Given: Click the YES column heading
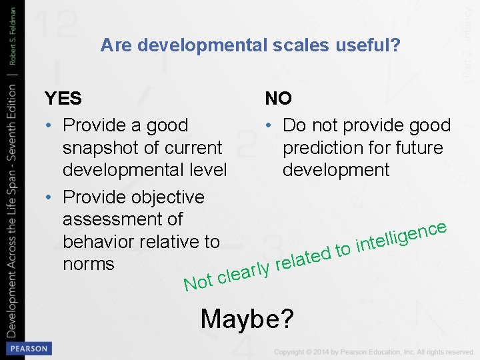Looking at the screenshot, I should click(63, 99).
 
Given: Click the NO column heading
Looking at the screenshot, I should click(278, 99).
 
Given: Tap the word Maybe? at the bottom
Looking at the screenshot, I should click(247, 319).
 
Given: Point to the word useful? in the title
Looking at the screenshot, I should click(365, 45).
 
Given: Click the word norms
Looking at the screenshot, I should click(88, 264).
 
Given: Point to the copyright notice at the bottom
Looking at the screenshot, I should click(373, 351).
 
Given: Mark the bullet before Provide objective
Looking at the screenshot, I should click(50, 197).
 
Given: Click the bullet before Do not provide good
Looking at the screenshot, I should click(270, 125).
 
